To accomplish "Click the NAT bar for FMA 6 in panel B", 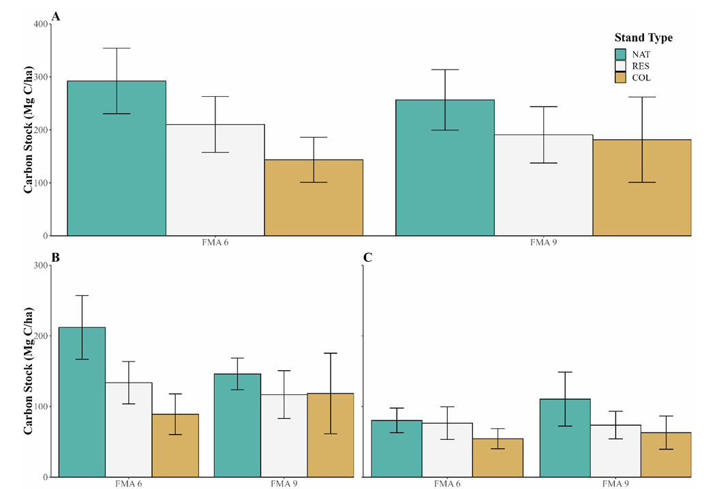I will tap(82, 409).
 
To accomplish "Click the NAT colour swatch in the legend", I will tap(621, 54).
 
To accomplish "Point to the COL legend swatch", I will tap(621, 78).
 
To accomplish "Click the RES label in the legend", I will tap(642, 66).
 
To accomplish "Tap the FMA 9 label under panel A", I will tap(543, 243).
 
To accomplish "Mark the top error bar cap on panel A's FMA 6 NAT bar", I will tap(117, 48).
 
